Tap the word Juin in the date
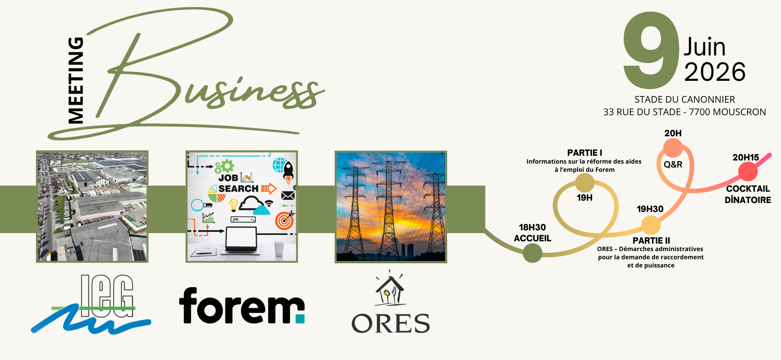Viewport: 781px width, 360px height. [x=704, y=47]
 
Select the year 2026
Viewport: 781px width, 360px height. [x=715, y=72]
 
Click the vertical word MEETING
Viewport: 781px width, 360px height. [x=76, y=80]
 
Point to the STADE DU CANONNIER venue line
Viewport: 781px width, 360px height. [x=685, y=100]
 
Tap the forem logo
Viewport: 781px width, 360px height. [x=242, y=306]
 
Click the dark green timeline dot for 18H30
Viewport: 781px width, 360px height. [x=532, y=253]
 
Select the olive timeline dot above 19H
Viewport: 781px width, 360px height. [x=585, y=183]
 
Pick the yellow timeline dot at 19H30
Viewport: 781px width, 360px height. [x=651, y=225]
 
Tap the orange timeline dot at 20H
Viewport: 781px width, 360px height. [x=673, y=148]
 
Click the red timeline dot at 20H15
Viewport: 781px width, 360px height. [x=748, y=171]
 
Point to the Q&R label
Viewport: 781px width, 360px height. [x=673, y=164]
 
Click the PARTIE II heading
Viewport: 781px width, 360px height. [x=651, y=241]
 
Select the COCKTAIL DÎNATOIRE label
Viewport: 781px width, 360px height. [x=748, y=194]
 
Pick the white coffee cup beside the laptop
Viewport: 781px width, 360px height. [x=279, y=249]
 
